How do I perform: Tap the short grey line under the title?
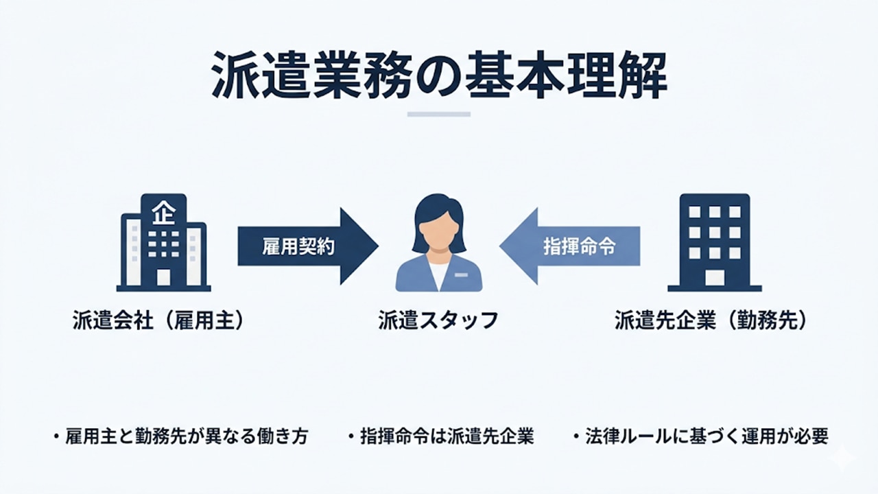point(439,114)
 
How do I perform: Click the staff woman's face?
point(438,230)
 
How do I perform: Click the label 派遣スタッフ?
point(438,321)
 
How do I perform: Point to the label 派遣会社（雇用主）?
point(158,321)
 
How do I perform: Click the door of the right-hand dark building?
point(715,277)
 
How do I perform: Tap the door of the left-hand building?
point(163,277)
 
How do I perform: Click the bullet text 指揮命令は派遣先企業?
point(447,436)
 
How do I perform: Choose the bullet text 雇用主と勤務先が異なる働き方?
point(186,436)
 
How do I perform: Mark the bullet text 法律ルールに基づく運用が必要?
point(706,436)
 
